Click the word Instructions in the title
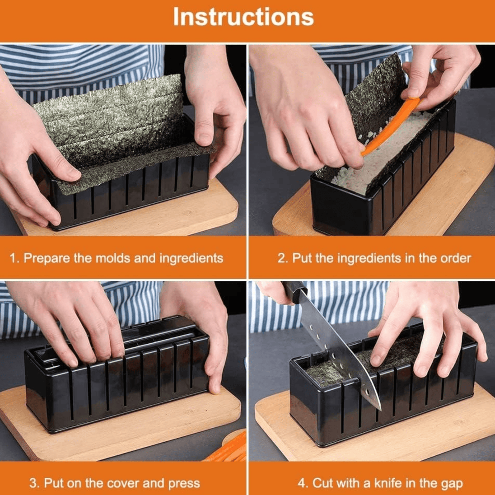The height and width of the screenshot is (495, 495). [243, 17]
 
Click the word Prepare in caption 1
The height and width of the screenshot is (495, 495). [47, 258]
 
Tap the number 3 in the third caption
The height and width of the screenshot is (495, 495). [33, 483]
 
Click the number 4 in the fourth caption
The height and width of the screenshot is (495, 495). [302, 483]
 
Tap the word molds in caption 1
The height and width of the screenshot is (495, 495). [112, 258]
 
